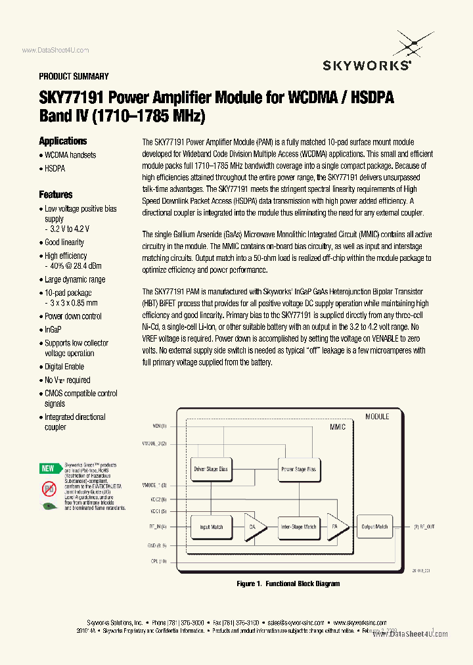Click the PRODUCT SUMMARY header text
74,76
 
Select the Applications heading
62,141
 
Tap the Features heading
56,195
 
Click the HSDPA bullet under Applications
55,168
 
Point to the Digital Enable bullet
64,367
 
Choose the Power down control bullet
73,316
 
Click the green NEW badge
48,469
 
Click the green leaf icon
49,506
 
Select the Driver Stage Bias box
210,469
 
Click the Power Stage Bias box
298,469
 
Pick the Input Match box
211,526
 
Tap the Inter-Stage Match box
299,526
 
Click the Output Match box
374,526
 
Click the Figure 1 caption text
288,584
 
